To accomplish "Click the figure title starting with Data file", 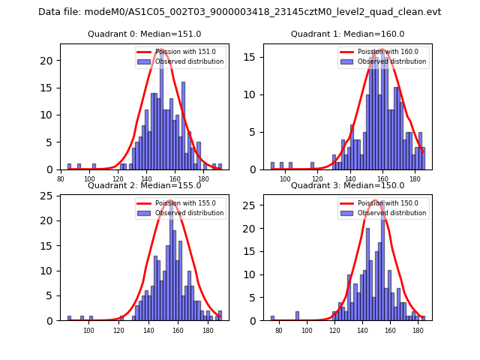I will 240,12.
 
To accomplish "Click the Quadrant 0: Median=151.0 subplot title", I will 145,34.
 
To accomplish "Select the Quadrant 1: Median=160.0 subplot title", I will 347,34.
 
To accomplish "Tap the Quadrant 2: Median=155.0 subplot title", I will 145,185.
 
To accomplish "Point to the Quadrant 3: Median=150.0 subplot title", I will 347,185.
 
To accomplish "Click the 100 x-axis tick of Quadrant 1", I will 285,178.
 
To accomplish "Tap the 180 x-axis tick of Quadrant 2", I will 208,329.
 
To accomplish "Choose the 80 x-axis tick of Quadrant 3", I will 279,329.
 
